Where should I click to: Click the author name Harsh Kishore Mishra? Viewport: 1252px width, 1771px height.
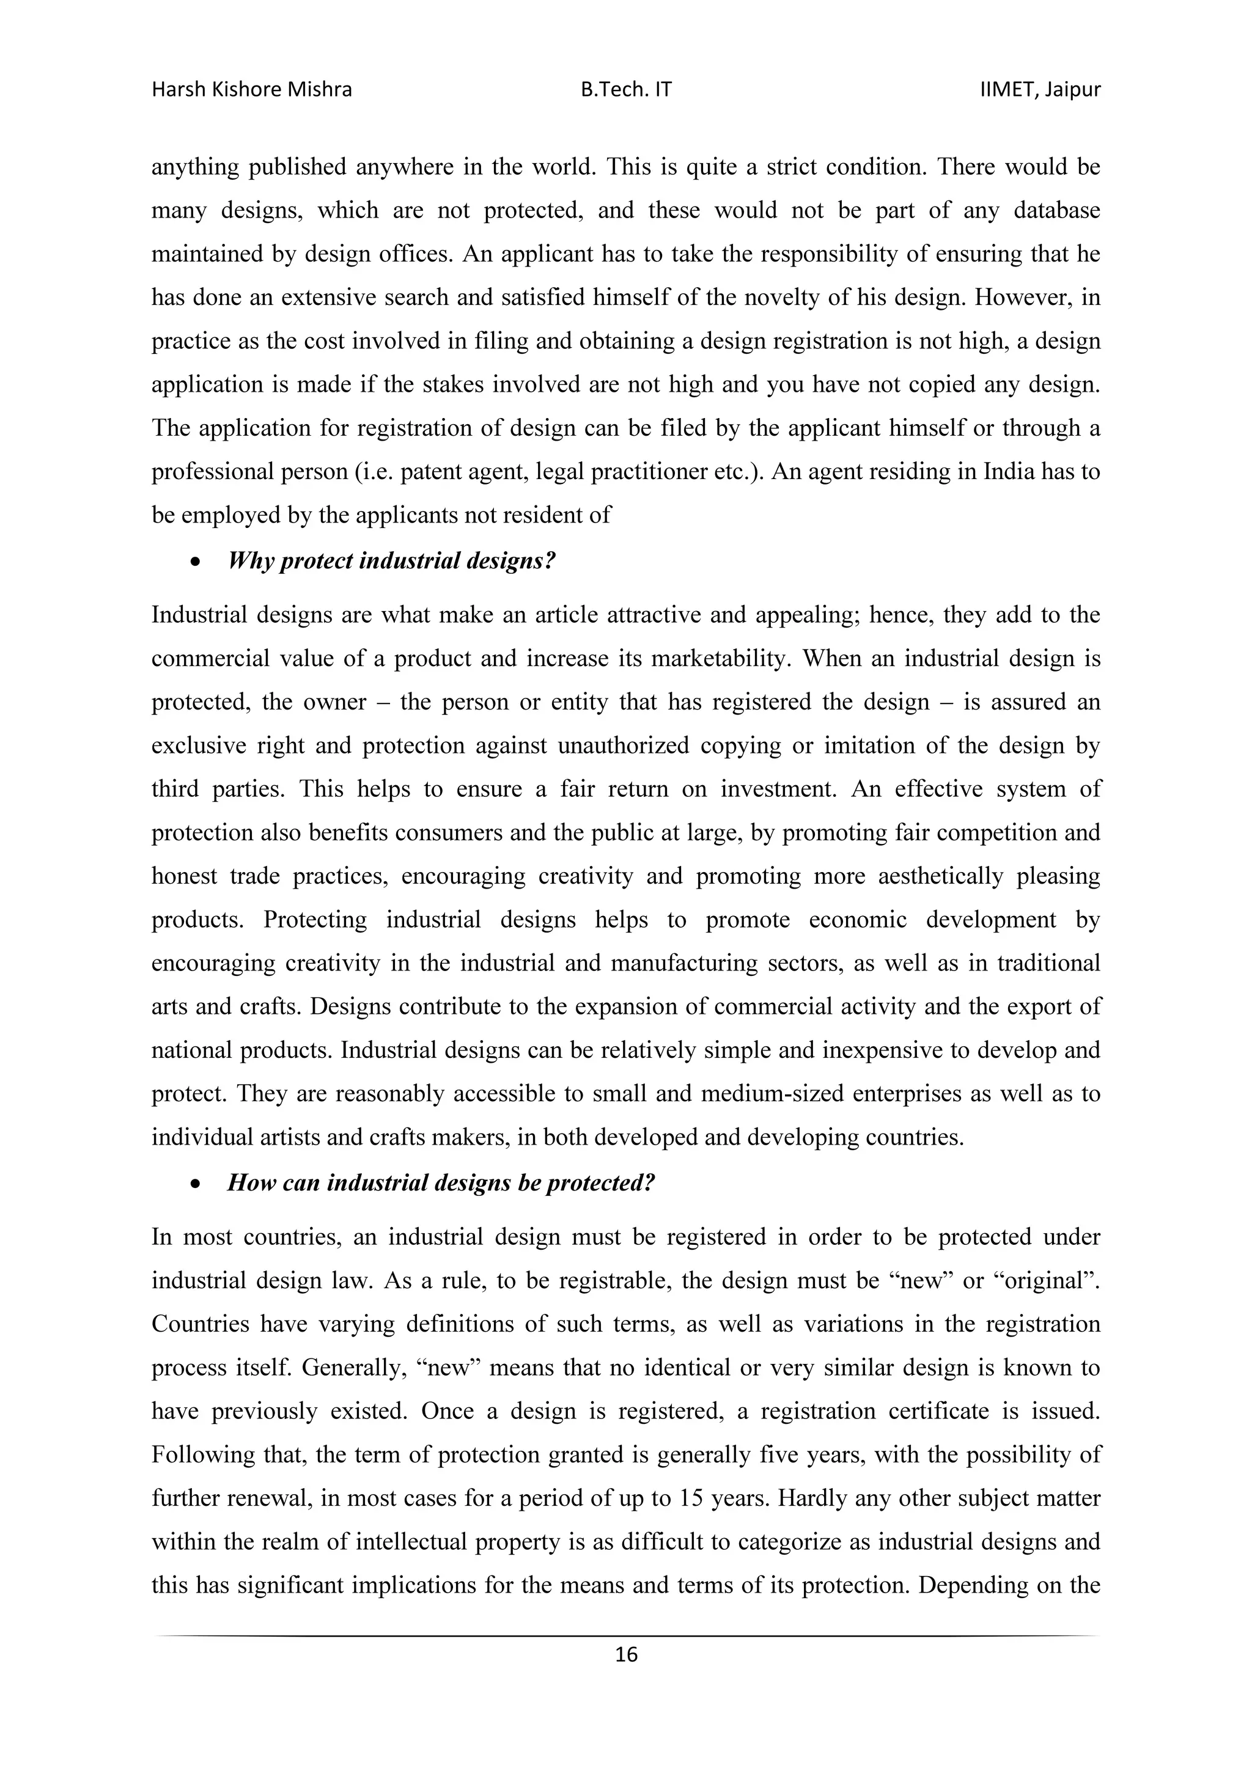click(x=251, y=90)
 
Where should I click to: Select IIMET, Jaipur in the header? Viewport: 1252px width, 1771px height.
click(x=1040, y=90)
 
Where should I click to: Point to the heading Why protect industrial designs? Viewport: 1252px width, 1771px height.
click(x=391, y=561)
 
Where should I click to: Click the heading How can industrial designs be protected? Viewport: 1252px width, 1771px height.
click(x=441, y=1182)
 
